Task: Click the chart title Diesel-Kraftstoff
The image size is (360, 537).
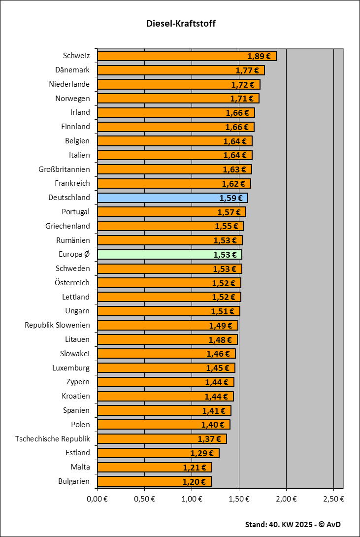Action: [x=181, y=23]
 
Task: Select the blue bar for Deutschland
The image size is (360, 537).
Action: [x=158, y=198]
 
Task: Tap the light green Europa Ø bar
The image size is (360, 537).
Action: [x=153, y=255]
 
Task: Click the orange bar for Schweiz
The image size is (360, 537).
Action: [x=167, y=56]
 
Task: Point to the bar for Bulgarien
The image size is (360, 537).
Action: [x=138, y=481]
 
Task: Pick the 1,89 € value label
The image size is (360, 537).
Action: [x=259, y=56]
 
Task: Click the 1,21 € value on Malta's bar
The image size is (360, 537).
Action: [x=195, y=467]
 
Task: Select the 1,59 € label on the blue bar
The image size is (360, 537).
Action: [x=231, y=198]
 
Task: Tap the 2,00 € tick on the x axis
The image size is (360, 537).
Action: [x=286, y=499]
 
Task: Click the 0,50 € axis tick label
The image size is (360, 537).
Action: [x=144, y=499]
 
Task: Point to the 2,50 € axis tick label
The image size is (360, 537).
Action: [x=333, y=499]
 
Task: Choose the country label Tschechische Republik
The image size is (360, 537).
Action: [x=53, y=438]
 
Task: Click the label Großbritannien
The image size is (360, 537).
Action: [x=64, y=169]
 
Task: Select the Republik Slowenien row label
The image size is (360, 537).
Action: [x=58, y=325]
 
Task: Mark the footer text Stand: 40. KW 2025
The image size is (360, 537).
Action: [x=278, y=524]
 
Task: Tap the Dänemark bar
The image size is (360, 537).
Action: [x=163, y=70]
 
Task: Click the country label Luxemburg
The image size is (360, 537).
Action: [x=71, y=368]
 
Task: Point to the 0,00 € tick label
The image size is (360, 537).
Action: [x=97, y=499]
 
